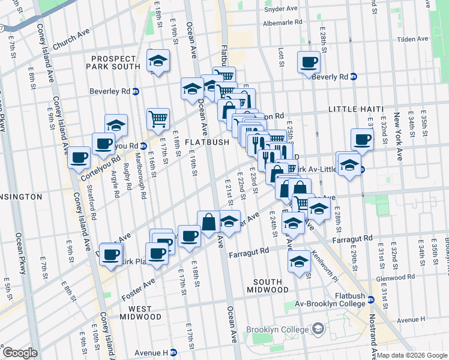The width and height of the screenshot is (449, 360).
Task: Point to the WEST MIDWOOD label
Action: tap(140, 311)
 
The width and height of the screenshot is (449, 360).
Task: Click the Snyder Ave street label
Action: tap(281, 10)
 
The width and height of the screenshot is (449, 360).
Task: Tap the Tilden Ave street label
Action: tap(414, 39)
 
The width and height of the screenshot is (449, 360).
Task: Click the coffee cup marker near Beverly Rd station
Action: tap(309, 62)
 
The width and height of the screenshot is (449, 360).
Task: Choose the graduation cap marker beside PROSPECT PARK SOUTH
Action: tap(158, 61)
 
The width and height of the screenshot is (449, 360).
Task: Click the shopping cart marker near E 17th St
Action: tap(158, 119)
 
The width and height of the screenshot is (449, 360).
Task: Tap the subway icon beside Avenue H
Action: tap(173, 352)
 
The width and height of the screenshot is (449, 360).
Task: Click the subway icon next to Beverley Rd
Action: tap(136, 92)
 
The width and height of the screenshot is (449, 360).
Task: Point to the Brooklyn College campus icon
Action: tap(318, 329)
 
